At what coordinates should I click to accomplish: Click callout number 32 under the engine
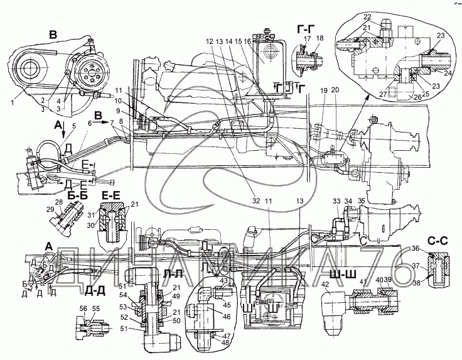click(x=238, y=202)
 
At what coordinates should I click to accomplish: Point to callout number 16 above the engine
click(x=248, y=42)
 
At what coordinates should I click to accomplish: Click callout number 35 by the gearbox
click(x=361, y=201)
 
